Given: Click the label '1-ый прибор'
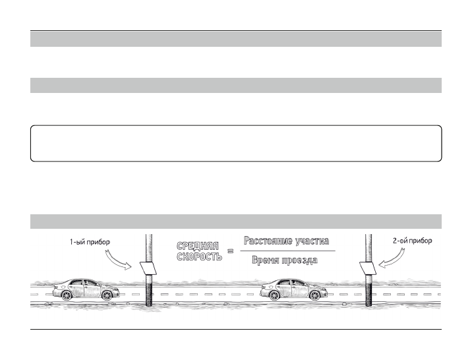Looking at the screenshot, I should click(90, 243).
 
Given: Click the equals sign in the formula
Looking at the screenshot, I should click(231, 251).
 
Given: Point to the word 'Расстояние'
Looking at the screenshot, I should click(266, 241).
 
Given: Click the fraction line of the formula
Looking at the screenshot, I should click(287, 251).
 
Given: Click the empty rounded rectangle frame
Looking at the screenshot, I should click(235, 143).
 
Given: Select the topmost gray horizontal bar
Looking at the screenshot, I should click(235, 40).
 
